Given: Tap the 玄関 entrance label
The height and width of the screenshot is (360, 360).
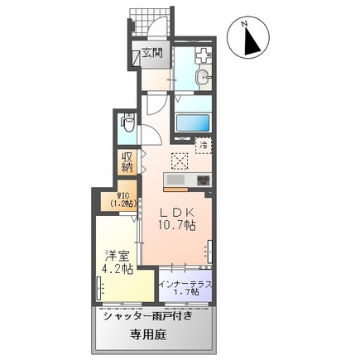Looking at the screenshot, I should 151,53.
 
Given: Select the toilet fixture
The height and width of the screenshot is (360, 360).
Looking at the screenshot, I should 127,125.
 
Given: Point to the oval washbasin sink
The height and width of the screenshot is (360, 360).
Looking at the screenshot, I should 203,79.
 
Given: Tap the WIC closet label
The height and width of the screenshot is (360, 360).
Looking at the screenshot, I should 113,199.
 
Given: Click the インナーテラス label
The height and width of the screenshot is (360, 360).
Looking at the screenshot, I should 185,284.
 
